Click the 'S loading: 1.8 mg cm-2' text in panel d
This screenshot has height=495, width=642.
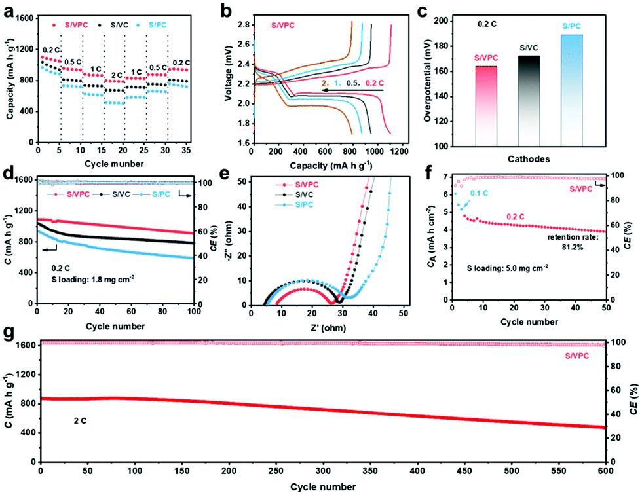[x=92, y=276]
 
